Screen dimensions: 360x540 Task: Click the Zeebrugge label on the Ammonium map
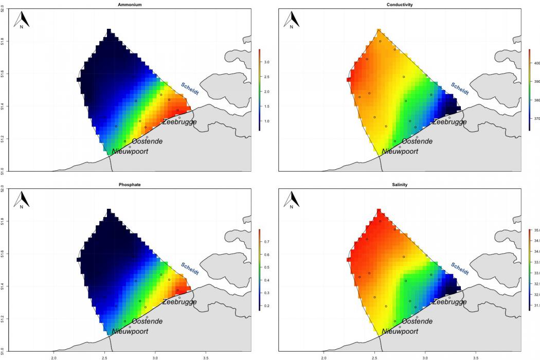(x=179, y=122)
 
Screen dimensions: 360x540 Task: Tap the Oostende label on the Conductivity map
(x=417, y=141)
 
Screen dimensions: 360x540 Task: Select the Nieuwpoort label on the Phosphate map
(x=130, y=332)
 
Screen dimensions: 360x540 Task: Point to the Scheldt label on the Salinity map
(x=460, y=268)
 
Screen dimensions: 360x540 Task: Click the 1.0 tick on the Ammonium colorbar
(x=267, y=121)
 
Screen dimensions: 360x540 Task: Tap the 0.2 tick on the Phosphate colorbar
(x=267, y=306)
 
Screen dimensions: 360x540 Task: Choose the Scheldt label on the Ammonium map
(x=190, y=88)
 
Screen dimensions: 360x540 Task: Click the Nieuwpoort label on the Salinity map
(x=400, y=332)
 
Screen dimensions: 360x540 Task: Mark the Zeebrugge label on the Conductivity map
(x=449, y=122)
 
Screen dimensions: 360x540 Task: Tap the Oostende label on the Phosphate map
(x=147, y=321)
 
